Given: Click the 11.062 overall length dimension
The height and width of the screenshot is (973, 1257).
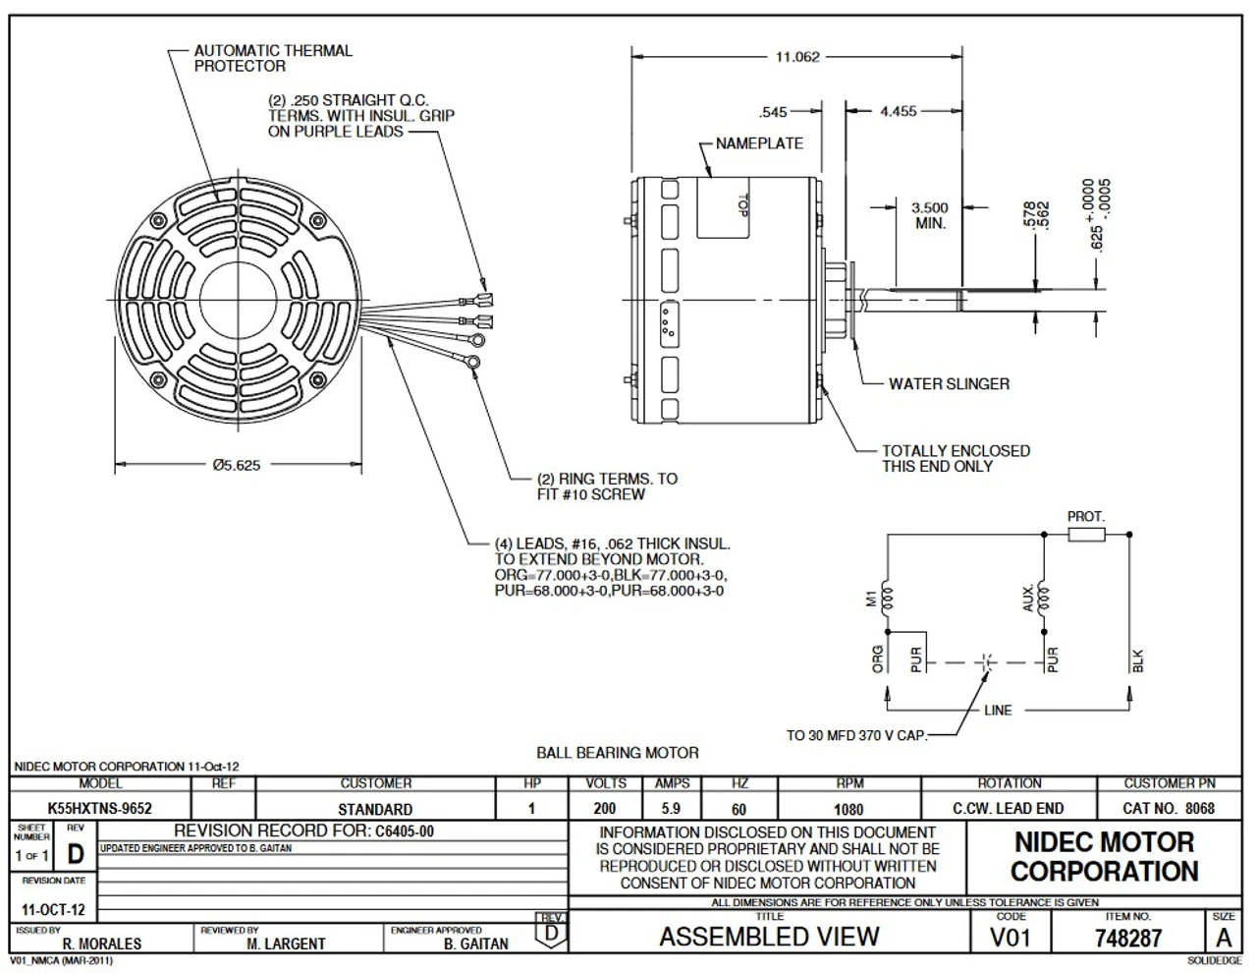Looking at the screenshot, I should (x=796, y=57).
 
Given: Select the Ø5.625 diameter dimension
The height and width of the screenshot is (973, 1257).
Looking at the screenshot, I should (x=237, y=465).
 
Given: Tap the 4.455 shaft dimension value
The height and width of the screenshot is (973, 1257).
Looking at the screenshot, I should (x=898, y=111).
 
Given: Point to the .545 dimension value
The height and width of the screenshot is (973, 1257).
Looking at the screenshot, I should (x=774, y=111).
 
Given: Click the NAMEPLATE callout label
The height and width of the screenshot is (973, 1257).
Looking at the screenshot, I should (x=759, y=143).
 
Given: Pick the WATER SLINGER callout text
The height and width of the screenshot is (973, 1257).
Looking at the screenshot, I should (x=949, y=384).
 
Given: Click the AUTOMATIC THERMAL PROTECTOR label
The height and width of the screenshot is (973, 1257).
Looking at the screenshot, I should (x=273, y=58).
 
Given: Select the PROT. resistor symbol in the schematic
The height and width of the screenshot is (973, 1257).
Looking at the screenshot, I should (x=1085, y=535).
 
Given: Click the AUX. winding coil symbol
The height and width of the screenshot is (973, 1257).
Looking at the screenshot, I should (x=1043, y=598).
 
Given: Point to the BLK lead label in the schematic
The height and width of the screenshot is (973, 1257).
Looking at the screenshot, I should (x=1139, y=661).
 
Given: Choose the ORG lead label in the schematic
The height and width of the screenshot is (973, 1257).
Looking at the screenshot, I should (x=878, y=658).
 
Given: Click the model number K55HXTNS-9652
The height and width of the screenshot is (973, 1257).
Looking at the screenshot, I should (x=100, y=809).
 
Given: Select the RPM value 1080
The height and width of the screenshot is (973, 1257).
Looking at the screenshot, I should (x=848, y=809).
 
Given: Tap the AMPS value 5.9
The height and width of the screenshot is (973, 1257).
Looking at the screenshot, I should (x=671, y=809).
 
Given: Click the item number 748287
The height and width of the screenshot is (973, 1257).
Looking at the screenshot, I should (x=1128, y=939).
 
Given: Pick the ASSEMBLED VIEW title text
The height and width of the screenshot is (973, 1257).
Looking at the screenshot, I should (x=769, y=937).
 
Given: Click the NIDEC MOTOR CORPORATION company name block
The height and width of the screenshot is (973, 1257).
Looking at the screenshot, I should (x=1104, y=857).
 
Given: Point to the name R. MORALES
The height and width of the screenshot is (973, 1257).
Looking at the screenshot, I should (x=102, y=944).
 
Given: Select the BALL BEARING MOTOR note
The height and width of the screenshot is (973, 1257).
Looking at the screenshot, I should (x=618, y=753).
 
